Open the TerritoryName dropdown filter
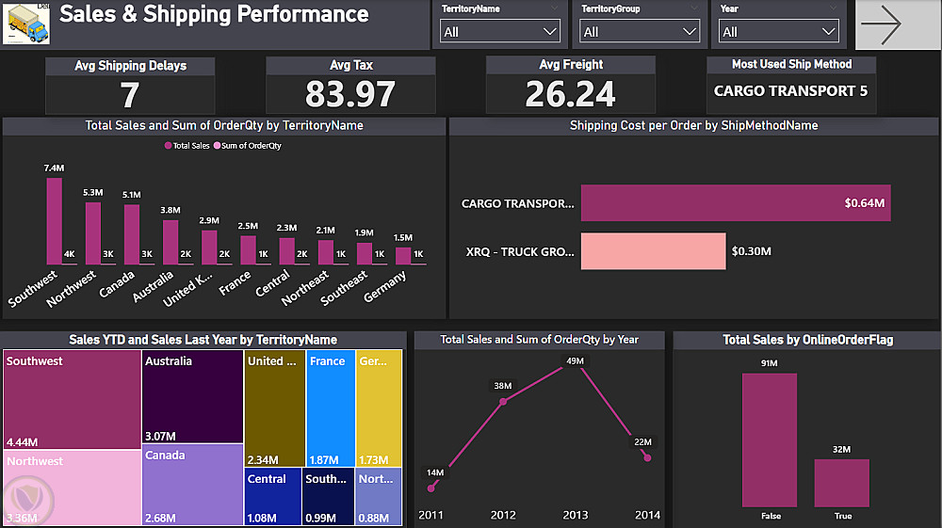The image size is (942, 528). click(500, 32)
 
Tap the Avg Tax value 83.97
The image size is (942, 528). click(350, 94)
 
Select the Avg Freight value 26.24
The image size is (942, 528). click(570, 94)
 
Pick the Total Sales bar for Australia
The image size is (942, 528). click(170, 242)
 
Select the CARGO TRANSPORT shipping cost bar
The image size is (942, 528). click(736, 203)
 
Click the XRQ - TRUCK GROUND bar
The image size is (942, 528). click(653, 251)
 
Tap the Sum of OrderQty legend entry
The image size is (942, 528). click(251, 146)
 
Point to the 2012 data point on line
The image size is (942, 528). click(503, 402)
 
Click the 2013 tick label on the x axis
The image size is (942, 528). click(575, 515)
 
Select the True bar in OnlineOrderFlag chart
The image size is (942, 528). click(842, 483)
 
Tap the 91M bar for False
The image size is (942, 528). click(769, 440)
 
